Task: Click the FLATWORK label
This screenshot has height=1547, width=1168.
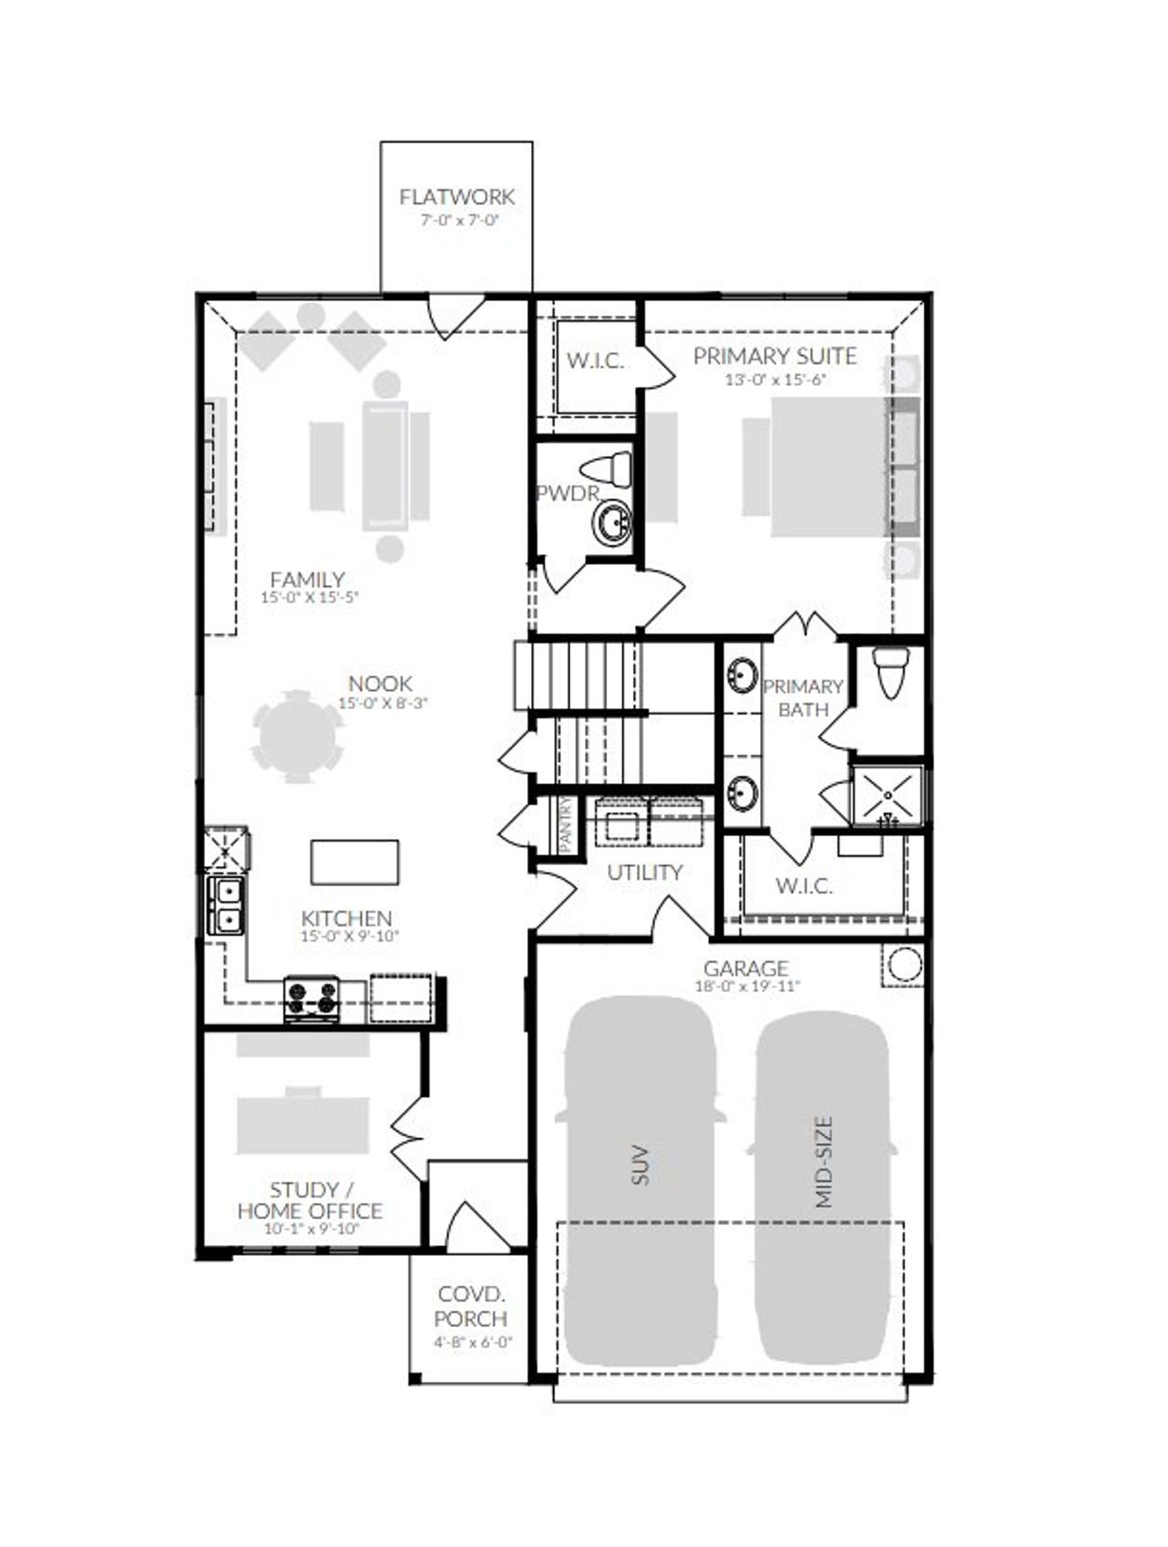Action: coord(456,196)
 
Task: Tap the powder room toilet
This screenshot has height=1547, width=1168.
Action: coord(608,470)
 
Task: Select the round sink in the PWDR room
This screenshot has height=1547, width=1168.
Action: coord(612,524)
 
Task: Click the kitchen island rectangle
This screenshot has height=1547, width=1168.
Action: coord(354,862)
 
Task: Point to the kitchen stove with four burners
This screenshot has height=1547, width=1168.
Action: coord(311,998)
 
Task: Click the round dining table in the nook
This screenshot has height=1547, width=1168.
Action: coord(297,736)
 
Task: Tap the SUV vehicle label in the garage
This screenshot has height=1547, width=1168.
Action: coord(640,1165)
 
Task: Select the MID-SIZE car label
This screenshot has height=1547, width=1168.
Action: coord(824,1161)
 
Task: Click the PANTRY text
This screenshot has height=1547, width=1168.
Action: coord(566,824)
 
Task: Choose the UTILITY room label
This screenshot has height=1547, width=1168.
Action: coord(644,873)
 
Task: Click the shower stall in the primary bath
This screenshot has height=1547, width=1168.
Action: coord(886,796)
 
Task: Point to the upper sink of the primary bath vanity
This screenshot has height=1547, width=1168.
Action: coord(742,676)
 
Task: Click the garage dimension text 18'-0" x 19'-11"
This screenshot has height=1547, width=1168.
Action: coord(746,987)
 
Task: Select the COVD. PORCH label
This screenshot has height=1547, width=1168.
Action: coord(471,1306)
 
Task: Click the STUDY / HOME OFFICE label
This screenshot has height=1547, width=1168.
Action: coord(310,1200)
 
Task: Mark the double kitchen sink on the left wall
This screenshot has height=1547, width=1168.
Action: coord(224,905)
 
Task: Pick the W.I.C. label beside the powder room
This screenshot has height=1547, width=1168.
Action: coord(595,361)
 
